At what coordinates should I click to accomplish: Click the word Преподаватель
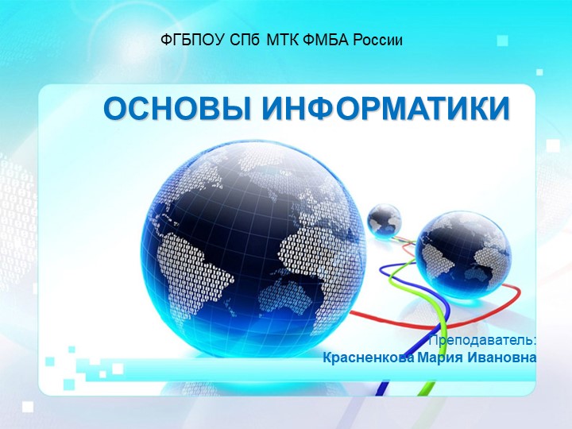[x=482, y=340]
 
